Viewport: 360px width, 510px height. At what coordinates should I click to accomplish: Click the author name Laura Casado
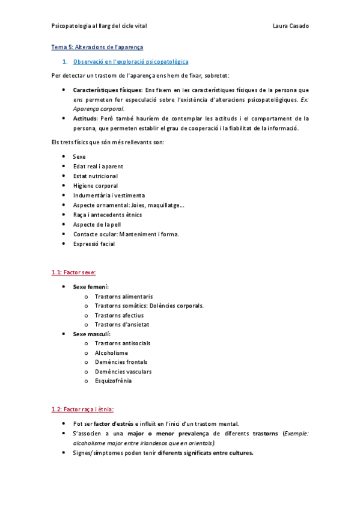pos(290,26)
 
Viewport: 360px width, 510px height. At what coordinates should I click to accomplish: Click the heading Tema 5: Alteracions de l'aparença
pos(97,46)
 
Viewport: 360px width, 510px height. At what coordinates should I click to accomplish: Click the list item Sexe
pos(79,156)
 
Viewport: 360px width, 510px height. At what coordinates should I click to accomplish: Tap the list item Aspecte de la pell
pos(96,224)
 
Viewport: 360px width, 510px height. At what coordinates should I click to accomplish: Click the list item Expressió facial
pos(94,244)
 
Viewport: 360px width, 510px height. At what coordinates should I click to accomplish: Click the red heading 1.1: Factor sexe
pos(74,272)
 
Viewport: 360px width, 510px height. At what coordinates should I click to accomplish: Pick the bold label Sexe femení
pos(91,287)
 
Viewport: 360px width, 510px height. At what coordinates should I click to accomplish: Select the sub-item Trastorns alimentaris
pos(123,296)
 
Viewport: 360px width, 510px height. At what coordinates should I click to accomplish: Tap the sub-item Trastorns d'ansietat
pos(122,324)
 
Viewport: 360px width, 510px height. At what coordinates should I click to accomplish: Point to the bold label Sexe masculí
pos(91,334)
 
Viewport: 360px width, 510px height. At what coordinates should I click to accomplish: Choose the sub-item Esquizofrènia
pos(114,381)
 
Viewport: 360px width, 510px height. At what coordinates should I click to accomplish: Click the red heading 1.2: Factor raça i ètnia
pos(82,409)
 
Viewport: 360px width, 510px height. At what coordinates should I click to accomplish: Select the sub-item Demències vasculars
pos(123,371)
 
